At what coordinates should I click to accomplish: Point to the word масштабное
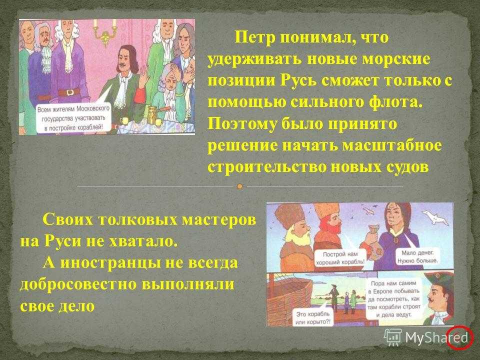(392, 145)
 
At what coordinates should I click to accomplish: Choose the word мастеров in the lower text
(217, 219)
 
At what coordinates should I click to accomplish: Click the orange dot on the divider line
(240, 186)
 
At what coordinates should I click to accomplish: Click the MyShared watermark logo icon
(393, 337)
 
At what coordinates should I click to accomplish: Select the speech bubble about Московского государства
(73, 118)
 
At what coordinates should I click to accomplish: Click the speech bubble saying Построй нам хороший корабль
(340, 258)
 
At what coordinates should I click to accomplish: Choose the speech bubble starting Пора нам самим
(394, 299)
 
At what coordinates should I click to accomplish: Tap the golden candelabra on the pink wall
(105, 30)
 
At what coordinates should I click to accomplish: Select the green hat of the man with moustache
(439, 278)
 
